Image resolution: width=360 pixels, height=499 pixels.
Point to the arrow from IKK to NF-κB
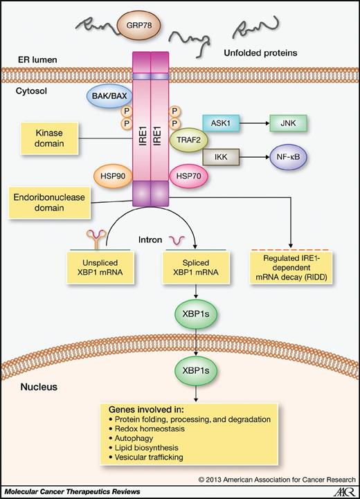click(x=255, y=157)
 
